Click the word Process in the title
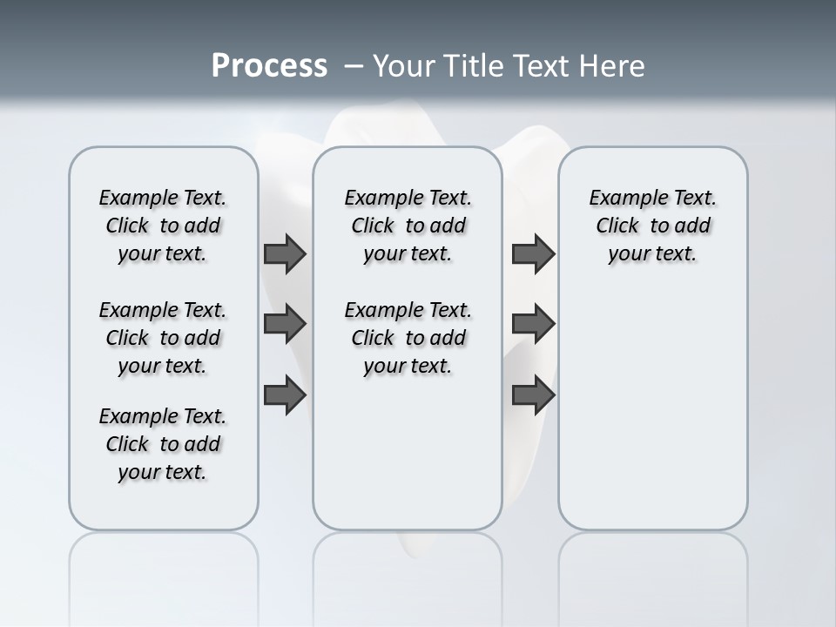point(269,66)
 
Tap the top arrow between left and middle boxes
point(285,253)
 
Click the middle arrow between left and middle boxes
point(285,325)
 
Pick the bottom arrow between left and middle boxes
point(285,395)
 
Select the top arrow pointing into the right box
point(533,253)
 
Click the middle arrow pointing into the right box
point(533,325)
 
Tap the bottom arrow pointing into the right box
point(533,395)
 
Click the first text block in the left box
point(163,226)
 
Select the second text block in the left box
point(163,338)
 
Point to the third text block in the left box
point(163,444)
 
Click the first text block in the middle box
point(408,226)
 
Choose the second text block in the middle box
point(408,338)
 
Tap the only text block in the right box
point(652,226)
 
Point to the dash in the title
point(354,66)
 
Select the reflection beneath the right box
point(652,566)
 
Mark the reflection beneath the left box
point(163,566)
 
